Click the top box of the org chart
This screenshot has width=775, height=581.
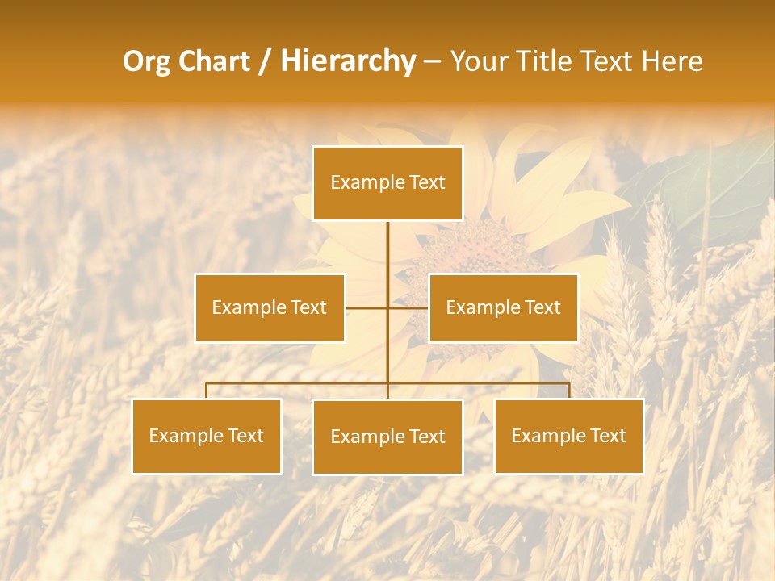click(387, 183)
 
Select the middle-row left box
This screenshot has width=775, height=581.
click(270, 307)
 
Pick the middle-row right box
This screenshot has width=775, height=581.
click(503, 307)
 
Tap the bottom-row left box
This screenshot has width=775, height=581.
click(207, 436)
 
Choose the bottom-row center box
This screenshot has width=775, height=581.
click(387, 437)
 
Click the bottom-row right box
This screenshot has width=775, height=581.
click(568, 436)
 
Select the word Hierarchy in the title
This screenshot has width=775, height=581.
click(347, 61)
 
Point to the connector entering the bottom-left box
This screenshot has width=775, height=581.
click(207, 391)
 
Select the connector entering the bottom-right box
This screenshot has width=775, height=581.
click(568, 391)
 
